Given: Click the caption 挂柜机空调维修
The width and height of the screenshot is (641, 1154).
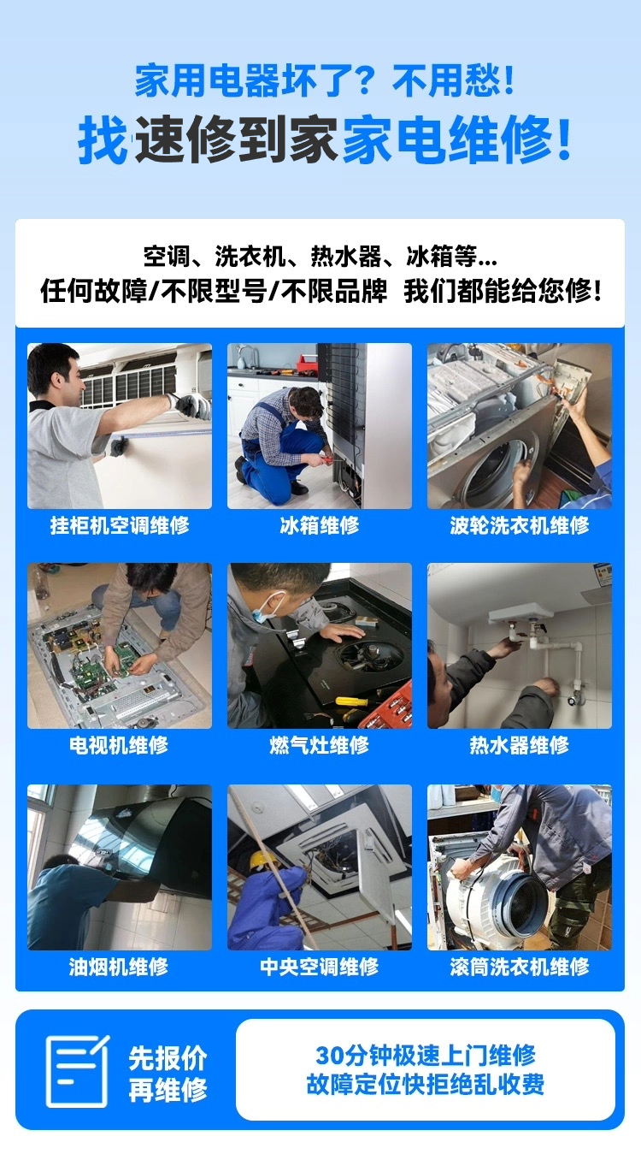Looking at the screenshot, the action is (x=120, y=525).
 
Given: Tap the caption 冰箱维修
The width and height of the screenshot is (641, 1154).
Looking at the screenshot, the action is (x=319, y=525).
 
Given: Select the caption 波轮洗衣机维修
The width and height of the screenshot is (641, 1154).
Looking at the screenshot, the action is (x=520, y=525).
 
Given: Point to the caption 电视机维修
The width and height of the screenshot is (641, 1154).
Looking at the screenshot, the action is (x=119, y=745).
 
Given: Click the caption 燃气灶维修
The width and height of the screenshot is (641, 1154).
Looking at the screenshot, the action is (x=319, y=745).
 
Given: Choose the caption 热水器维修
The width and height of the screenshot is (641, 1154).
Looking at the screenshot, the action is (x=519, y=745).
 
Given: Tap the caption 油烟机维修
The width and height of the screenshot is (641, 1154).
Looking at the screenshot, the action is (x=119, y=967).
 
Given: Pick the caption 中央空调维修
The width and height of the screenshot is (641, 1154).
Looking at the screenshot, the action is (x=319, y=967).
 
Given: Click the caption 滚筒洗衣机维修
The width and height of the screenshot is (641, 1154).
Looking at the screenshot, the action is (x=520, y=967).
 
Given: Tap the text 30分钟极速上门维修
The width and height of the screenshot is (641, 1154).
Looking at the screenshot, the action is (x=426, y=1055).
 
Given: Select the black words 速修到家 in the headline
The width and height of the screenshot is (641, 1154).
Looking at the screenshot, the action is (x=236, y=139).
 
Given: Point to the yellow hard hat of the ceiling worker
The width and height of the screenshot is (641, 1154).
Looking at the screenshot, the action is (x=262, y=859).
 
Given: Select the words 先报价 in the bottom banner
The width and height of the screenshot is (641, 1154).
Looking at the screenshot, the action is (x=168, y=1058).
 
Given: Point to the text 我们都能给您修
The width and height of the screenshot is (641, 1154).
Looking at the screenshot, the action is (x=503, y=291).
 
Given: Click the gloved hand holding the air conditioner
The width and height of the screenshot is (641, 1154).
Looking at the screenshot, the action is (x=192, y=405).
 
